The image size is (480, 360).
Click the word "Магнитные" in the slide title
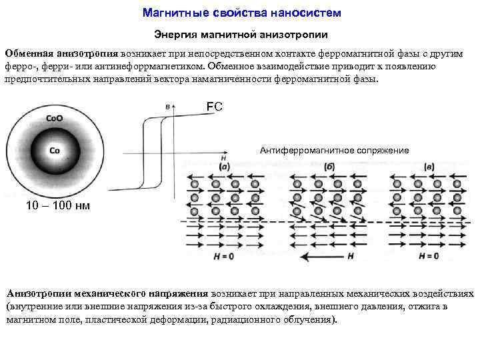tap(167, 13)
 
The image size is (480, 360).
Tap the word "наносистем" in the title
tap(308, 13)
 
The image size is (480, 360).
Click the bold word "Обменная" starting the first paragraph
tap(29, 54)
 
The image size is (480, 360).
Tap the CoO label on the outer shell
tap(55, 119)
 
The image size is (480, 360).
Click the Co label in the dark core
tap(55, 151)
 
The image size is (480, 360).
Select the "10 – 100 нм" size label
tap(57, 205)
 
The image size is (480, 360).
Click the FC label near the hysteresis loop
tap(214, 107)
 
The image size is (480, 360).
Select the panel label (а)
tap(225, 167)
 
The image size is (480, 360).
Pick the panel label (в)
tap(429, 167)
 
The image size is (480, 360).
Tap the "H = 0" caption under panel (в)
tap(429, 256)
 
